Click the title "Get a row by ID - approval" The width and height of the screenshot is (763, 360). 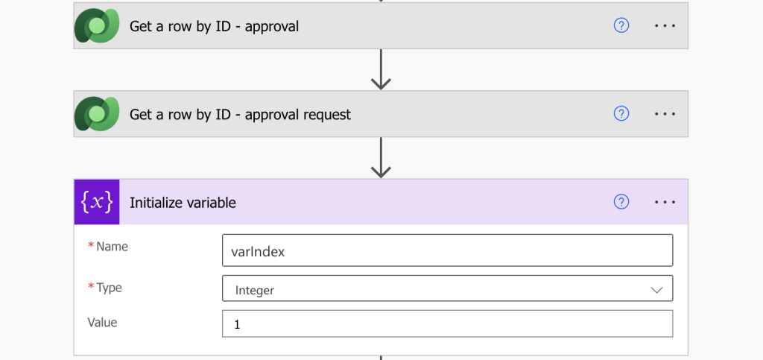click(214, 26)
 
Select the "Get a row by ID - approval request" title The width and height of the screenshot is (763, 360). click(240, 115)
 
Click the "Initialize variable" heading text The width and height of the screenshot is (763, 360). click(183, 203)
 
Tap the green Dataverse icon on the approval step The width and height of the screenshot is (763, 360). click(97, 26)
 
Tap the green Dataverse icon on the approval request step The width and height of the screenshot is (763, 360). click(97, 114)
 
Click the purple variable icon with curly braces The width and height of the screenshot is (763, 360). click(97, 202)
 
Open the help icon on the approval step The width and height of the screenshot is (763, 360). click(621, 25)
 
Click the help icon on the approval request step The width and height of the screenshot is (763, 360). click(621, 113)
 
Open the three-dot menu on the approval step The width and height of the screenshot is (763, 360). click(665, 26)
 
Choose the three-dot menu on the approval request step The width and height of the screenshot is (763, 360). click(665, 114)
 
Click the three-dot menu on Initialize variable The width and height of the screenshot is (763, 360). click(665, 202)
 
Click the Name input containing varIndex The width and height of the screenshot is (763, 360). click(448, 250)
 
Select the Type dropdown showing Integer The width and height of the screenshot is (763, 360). click(448, 288)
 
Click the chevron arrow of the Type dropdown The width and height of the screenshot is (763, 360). click(656, 290)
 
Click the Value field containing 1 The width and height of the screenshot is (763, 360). click(448, 323)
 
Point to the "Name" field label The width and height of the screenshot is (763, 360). click(112, 247)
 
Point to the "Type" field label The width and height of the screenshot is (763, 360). click(109, 288)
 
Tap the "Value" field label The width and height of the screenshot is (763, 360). click(102, 322)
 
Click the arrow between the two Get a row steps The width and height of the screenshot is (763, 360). click(381, 69)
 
